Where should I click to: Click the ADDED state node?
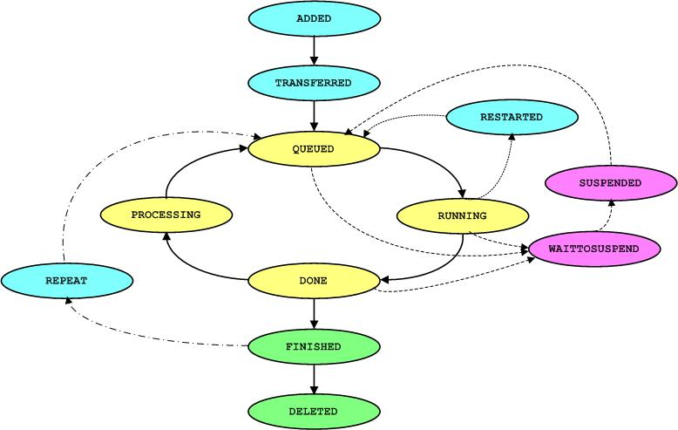(x=314, y=18)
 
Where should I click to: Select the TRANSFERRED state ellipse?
(x=314, y=84)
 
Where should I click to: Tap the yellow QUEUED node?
(x=314, y=149)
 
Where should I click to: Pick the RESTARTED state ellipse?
(x=512, y=117)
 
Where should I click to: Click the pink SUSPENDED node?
(x=610, y=183)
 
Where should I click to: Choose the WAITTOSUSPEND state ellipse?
(x=593, y=249)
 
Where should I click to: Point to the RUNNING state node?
(x=462, y=215)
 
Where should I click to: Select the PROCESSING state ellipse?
(x=166, y=215)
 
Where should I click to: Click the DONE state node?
(x=314, y=281)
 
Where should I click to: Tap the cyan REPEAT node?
(x=67, y=281)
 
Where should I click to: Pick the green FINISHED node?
(x=314, y=346)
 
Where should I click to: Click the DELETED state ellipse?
(x=314, y=411)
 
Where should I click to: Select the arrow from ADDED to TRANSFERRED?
(x=314, y=51)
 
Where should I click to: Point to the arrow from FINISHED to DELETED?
(x=314, y=379)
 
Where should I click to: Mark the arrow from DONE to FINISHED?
(x=314, y=313)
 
